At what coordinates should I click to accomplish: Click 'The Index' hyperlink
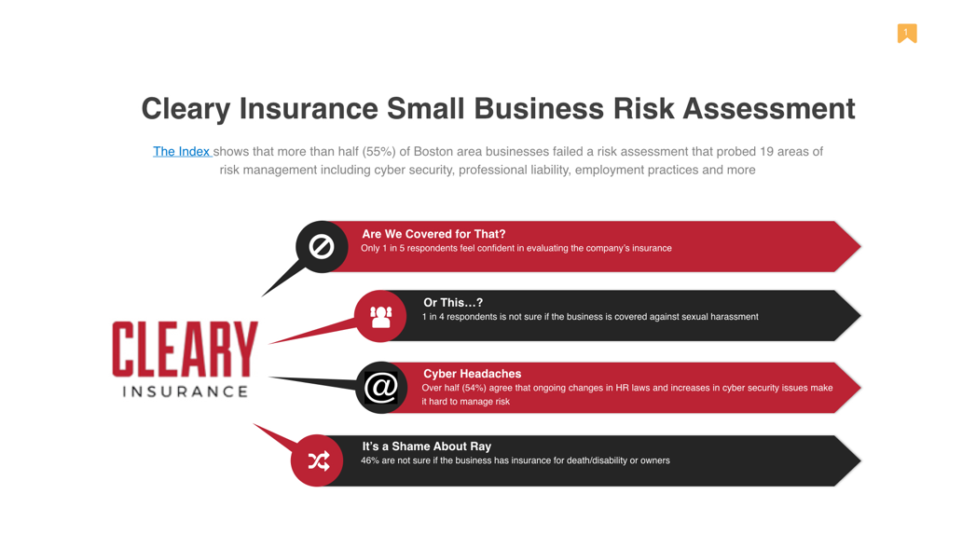point(181,151)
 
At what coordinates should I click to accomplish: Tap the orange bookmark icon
point(907,33)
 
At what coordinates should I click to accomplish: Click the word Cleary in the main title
point(186,109)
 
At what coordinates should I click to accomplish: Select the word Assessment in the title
point(769,108)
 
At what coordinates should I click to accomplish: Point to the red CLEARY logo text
point(185,349)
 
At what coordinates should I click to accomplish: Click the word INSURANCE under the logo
point(185,391)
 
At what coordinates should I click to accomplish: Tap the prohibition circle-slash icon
point(322,246)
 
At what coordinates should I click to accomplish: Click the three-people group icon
point(381,316)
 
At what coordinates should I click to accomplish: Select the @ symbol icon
point(381,388)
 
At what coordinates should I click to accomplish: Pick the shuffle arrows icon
point(319,460)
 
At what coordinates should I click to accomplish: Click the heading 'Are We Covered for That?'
point(433,234)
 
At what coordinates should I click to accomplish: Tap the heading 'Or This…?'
point(453,303)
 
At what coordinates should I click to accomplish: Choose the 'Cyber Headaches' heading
point(473,374)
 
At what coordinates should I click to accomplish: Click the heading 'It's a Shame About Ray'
point(427,446)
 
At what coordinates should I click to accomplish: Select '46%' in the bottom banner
point(370,460)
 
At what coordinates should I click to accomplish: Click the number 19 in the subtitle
point(766,151)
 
